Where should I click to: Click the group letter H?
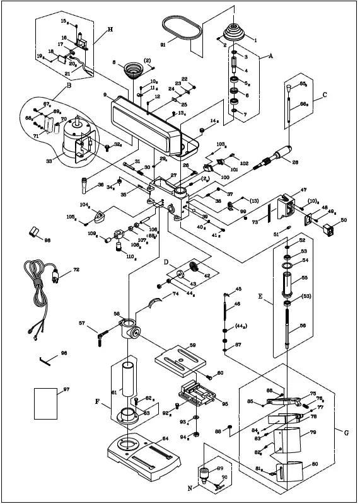110,30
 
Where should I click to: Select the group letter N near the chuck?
190,487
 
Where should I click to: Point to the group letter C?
325,96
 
